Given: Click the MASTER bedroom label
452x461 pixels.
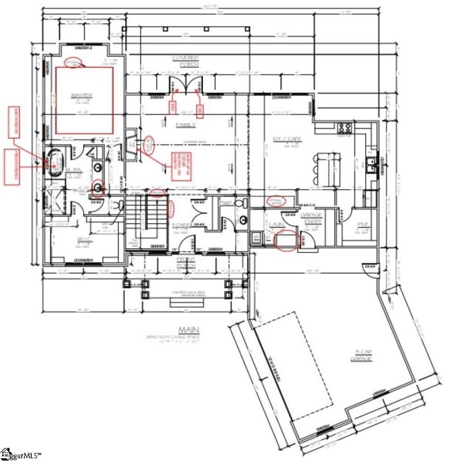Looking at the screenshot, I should pos(82,95).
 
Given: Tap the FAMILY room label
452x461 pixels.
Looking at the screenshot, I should pos(186,124).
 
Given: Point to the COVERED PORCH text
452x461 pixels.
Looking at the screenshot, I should pos(186,61).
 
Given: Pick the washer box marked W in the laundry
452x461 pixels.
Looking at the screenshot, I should pos(255,236).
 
